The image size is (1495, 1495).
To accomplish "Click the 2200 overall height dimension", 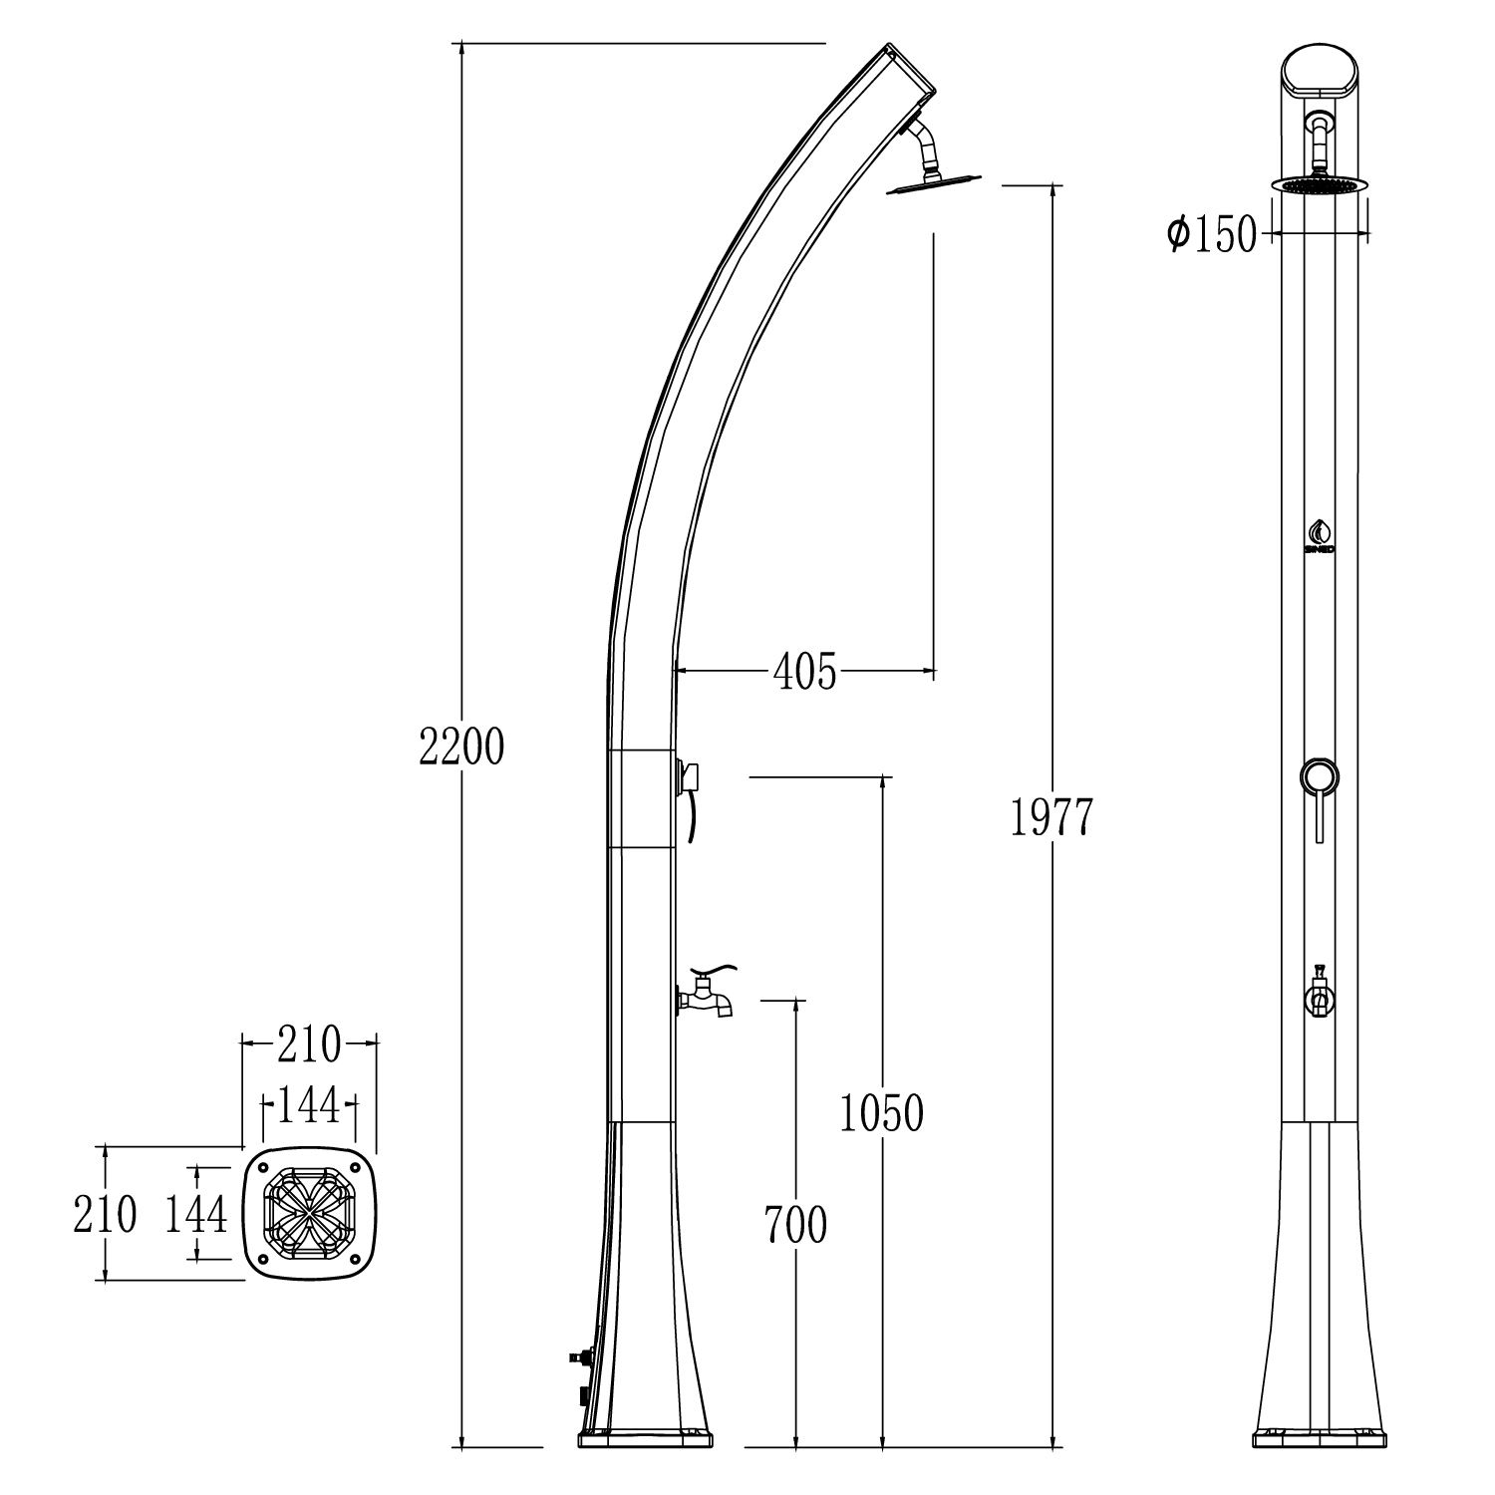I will point(461,747).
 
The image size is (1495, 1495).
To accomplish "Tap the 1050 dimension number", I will point(882,1113).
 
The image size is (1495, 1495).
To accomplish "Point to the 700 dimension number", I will point(795,1225).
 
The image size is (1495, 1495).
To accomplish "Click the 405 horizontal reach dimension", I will point(805,675).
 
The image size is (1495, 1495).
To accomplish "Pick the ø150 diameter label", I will point(1213,236).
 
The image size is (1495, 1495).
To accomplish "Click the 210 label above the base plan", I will point(309,1045).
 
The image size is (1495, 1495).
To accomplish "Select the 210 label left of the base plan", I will point(105,1215).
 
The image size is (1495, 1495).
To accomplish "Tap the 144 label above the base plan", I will point(309,1105).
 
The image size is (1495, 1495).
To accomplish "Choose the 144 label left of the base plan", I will point(196,1215).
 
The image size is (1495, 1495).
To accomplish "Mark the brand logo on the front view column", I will point(1320,535).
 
